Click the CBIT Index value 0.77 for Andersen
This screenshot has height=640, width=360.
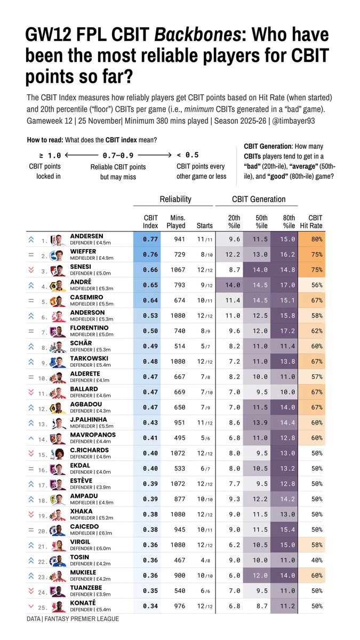[x=150, y=239]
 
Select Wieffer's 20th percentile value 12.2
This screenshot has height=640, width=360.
[x=234, y=255]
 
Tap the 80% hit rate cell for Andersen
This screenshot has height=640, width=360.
[x=315, y=239]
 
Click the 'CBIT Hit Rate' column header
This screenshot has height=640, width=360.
[x=315, y=221]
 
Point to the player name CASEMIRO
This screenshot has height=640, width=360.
[x=87, y=297]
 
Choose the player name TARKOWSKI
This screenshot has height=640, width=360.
[x=89, y=358]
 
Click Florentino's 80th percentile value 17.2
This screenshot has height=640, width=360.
[x=289, y=331]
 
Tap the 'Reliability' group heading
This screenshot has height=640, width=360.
[x=175, y=199]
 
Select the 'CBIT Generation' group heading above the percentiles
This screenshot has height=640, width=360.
[x=258, y=199]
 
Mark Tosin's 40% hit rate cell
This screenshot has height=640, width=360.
[x=315, y=561]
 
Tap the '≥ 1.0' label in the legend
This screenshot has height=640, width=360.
[x=50, y=156]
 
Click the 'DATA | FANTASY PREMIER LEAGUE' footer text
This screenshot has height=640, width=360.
[x=73, y=619]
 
